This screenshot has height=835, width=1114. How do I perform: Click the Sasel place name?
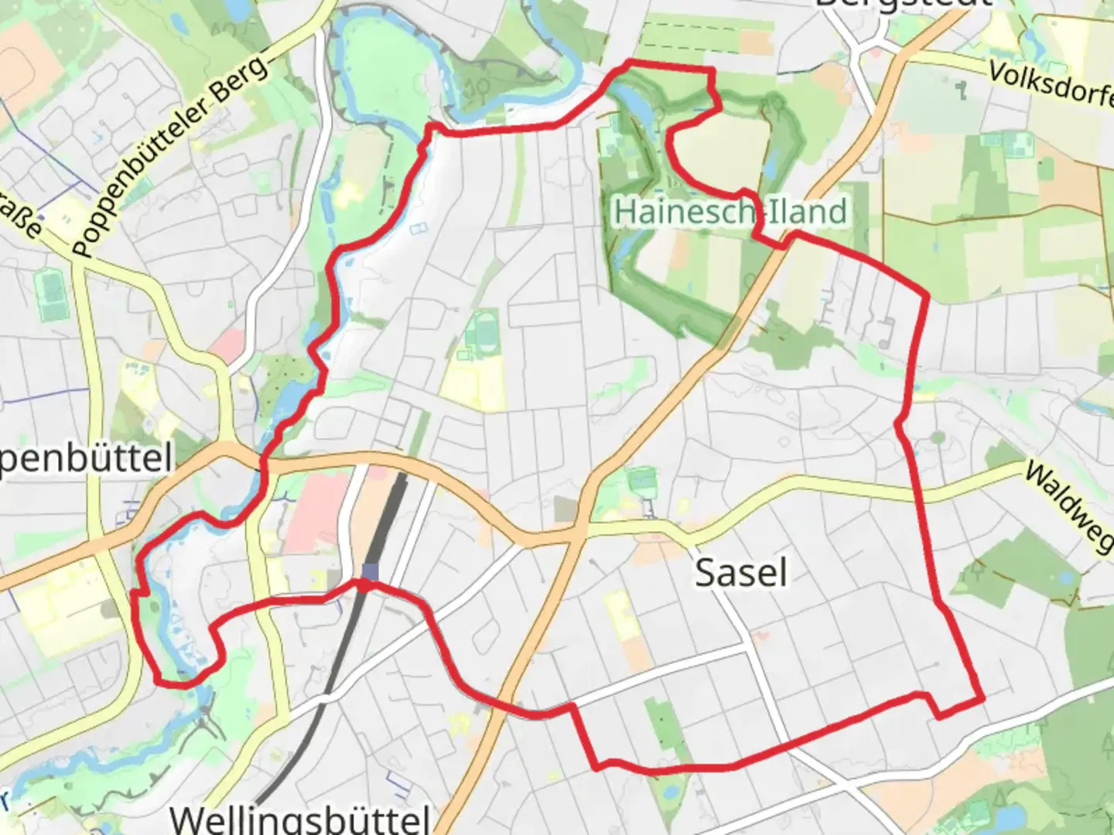click(x=740, y=573)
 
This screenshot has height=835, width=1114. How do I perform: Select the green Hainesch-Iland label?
click(x=730, y=211)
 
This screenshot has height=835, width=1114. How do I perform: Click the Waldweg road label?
click(x=1068, y=506)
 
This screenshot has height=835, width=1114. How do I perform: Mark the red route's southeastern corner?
click(x=982, y=699)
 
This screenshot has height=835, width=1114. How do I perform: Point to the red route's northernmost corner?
click(x=631, y=61)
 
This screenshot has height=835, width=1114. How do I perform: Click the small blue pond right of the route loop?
click(x=771, y=162)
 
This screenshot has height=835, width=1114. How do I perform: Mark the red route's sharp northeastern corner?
click(x=927, y=295)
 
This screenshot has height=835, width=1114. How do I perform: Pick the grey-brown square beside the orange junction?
click(x=566, y=509)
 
